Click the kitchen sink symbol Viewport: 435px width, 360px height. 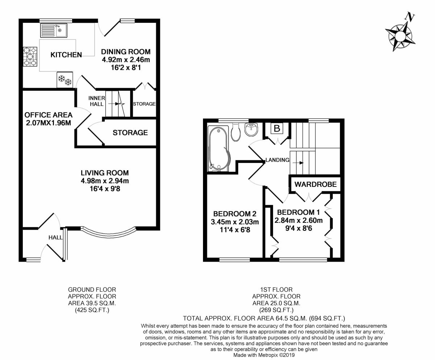coord(53,30)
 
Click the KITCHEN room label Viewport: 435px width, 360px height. coord(66,55)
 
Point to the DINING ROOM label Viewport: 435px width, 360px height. coord(125,52)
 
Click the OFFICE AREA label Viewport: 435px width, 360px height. coord(48,115)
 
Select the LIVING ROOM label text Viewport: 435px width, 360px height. coord(105,173)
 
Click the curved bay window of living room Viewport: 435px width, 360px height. coord(109,234)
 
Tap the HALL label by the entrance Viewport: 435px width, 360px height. coord(55,237)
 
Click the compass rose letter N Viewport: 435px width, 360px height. coord(410,16)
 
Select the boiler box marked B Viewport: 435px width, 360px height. coord(277,128)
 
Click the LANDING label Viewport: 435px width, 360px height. coord(277,160)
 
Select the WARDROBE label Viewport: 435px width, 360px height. coord(315,184)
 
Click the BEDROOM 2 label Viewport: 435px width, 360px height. coord(232,214)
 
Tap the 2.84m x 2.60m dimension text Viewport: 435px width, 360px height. coord(299,220)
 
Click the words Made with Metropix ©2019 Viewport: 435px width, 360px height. coord(264,355)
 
